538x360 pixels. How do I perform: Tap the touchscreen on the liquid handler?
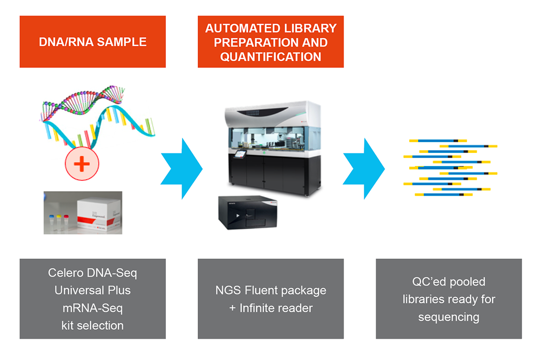[x=241, y=155]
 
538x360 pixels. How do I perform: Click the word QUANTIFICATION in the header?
[x=270, y=57]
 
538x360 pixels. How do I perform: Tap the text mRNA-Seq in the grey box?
[x=92, y=308]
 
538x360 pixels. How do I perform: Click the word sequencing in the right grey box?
[x=448, y=317]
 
